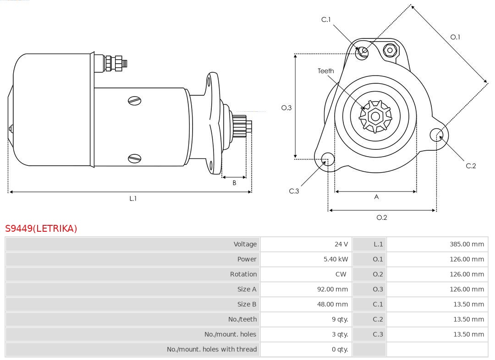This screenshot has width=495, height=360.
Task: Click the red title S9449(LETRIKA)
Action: point(41,229)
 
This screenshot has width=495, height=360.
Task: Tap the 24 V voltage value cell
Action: point(341,244)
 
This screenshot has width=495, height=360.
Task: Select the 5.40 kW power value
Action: point(335,259)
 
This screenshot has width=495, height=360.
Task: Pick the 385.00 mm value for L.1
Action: point(467,244)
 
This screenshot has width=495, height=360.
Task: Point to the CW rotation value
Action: point(341,274)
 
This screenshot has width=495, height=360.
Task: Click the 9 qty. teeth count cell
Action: point(340,319)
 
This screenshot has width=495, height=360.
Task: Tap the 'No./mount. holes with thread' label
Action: point(212,349)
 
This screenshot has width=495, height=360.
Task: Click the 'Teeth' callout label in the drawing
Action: point(326,71)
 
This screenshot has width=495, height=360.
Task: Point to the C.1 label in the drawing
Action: point(326,20)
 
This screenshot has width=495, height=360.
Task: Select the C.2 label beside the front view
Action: point(471,166)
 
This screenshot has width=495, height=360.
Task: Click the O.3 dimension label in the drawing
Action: point(286,108)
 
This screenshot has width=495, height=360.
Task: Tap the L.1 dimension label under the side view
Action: point(133,199)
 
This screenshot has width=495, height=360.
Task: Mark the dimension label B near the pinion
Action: point(234,183)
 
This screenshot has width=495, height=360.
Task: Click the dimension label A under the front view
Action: point(376,197)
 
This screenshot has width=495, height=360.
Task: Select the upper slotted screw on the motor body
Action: point(135,101)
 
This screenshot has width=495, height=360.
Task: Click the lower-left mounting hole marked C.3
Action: point(327,159)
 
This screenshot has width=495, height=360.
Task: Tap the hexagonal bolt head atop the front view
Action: point(390,50)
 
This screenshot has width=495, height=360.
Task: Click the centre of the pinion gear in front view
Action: point(375,116)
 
